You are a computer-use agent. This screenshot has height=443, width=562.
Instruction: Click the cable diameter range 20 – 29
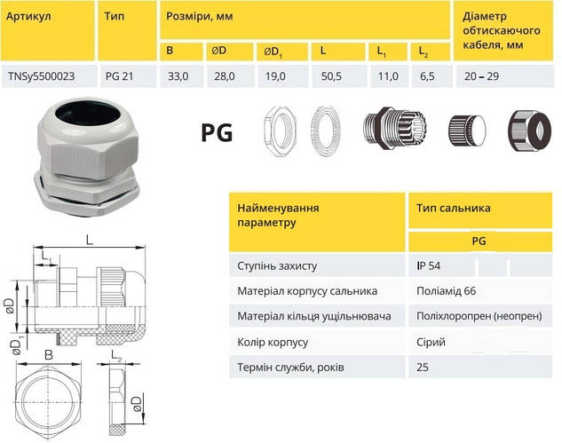[482, 77]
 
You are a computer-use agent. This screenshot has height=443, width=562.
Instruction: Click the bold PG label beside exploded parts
[216, 134]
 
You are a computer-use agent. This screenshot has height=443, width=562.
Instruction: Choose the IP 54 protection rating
[428, 265]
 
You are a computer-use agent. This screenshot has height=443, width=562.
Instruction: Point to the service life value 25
[422, 367]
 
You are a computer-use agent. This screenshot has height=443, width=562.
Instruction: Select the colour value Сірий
[430, 342]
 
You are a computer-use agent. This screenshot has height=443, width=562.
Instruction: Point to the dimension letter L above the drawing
[91, 239]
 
